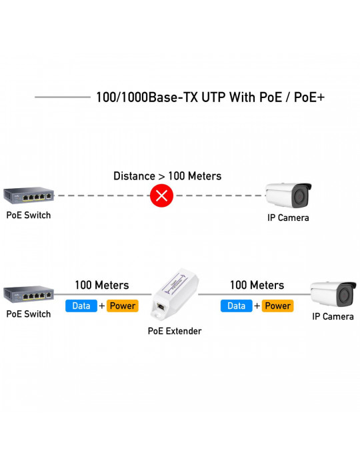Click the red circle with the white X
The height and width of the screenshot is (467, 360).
(x=161, y=195)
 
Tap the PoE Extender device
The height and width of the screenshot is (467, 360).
(x=175, y=294)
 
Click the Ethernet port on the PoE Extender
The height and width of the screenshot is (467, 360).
(x=161, y=306)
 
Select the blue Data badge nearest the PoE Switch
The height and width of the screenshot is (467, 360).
(x=81, y=306)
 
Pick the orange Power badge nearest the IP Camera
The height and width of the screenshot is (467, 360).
(x=277, y=306)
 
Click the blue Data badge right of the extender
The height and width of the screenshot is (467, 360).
(x=237, y=306)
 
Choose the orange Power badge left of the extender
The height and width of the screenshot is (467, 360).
(x=123, y=306)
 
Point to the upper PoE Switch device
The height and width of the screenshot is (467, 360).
(x=29, y=195)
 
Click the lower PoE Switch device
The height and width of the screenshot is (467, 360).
(x=29, y=295)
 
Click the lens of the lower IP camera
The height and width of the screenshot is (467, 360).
(x=345, y=295)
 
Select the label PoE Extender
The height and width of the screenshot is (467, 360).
(x=175, y=331)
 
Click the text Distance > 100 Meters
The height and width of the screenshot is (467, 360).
(x=167, y=176)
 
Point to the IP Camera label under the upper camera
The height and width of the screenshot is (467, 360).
(x=288, y=217)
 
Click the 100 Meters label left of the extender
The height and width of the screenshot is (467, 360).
(x=102, y=285)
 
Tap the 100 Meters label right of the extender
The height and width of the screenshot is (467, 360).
(x=257, y=285)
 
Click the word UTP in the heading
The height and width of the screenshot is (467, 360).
(x=213, y=97)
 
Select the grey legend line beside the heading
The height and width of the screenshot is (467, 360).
(x=63, y=97)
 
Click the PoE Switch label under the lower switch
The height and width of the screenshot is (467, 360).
(x=29, y=314)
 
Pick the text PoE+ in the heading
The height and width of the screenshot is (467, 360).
(x=309, y=97)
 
